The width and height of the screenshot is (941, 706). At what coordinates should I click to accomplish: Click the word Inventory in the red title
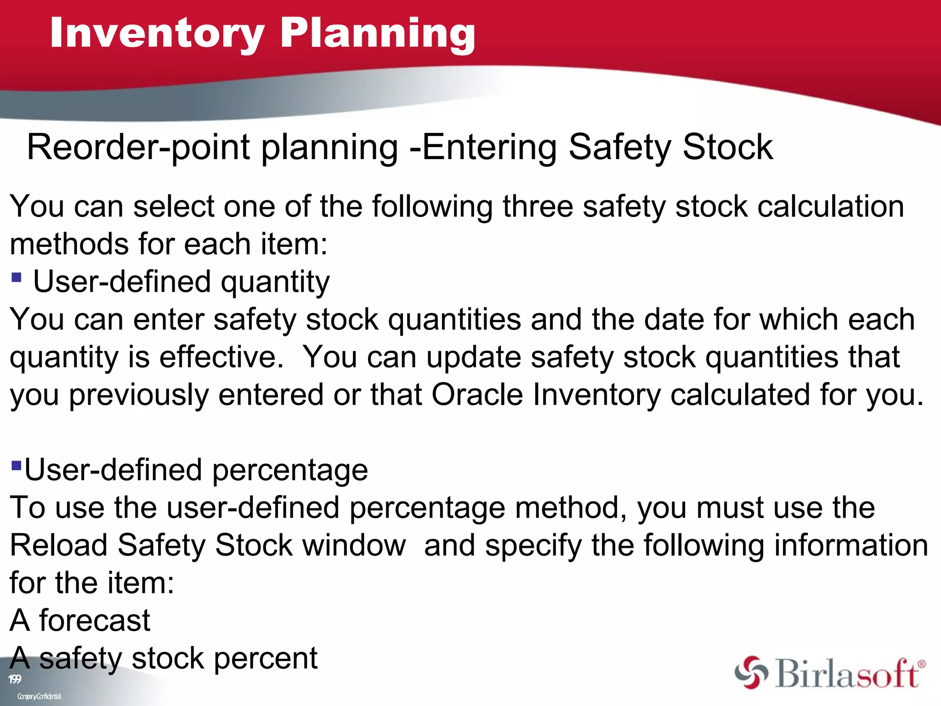pyautogui.click(x=157, y=33)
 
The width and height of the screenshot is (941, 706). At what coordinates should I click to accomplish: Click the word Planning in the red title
pyautogui.click(x=378, y=33)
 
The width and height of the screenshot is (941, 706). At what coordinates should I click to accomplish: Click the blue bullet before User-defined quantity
pyautogui.click(x=17, y=277)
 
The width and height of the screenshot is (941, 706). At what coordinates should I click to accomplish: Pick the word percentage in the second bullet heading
pyautogui.click(x=290, y=471)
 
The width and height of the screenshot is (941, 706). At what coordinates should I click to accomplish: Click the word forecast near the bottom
pyautogui.click(x=94, y=621)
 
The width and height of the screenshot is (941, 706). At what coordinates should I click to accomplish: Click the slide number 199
pyautogui.click(x=15, y=679)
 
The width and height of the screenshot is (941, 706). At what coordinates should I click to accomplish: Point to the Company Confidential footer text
pyautogui.click(x=39, y=696)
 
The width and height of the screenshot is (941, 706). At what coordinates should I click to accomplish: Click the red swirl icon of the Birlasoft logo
pyautogui.click(x=751, y=672)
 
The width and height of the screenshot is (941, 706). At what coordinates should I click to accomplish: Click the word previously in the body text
pyautogui.click(x=138, y=395)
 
